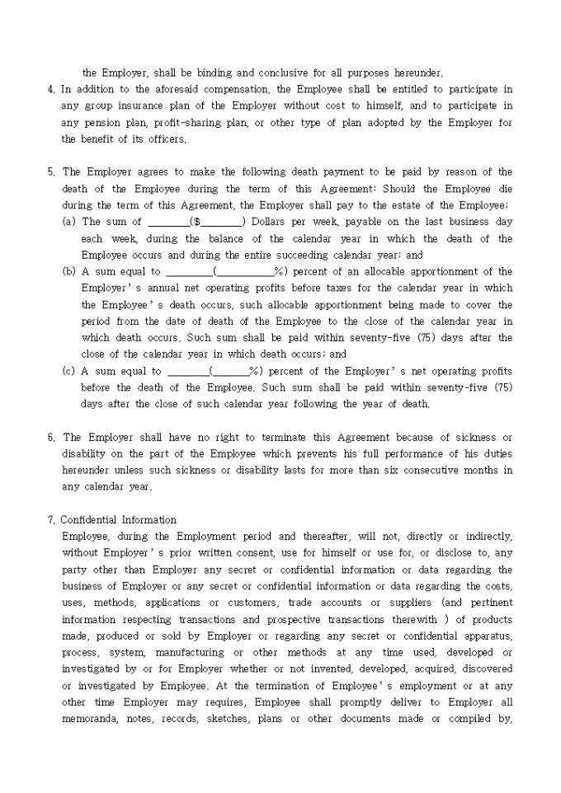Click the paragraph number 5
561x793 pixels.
(51, 172)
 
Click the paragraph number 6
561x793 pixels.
(51, 437)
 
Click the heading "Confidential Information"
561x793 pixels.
(119, 520)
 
